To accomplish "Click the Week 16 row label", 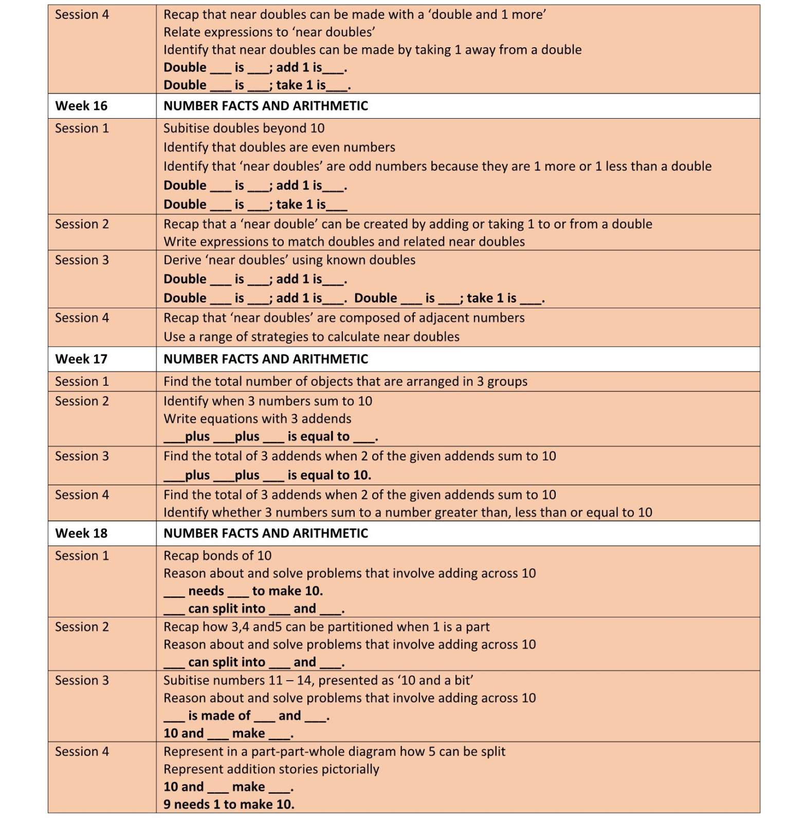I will [81, 106].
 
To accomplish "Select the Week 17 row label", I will [81, 359].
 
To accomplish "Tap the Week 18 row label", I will [81, 533].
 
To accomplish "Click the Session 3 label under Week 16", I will [82, 260].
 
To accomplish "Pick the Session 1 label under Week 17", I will [82, 381].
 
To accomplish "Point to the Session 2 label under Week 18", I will [82, 627].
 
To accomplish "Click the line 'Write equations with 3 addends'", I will [257, 419].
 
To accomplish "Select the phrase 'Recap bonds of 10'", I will [217, 556].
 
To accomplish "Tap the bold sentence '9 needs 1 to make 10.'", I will [229, 805].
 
